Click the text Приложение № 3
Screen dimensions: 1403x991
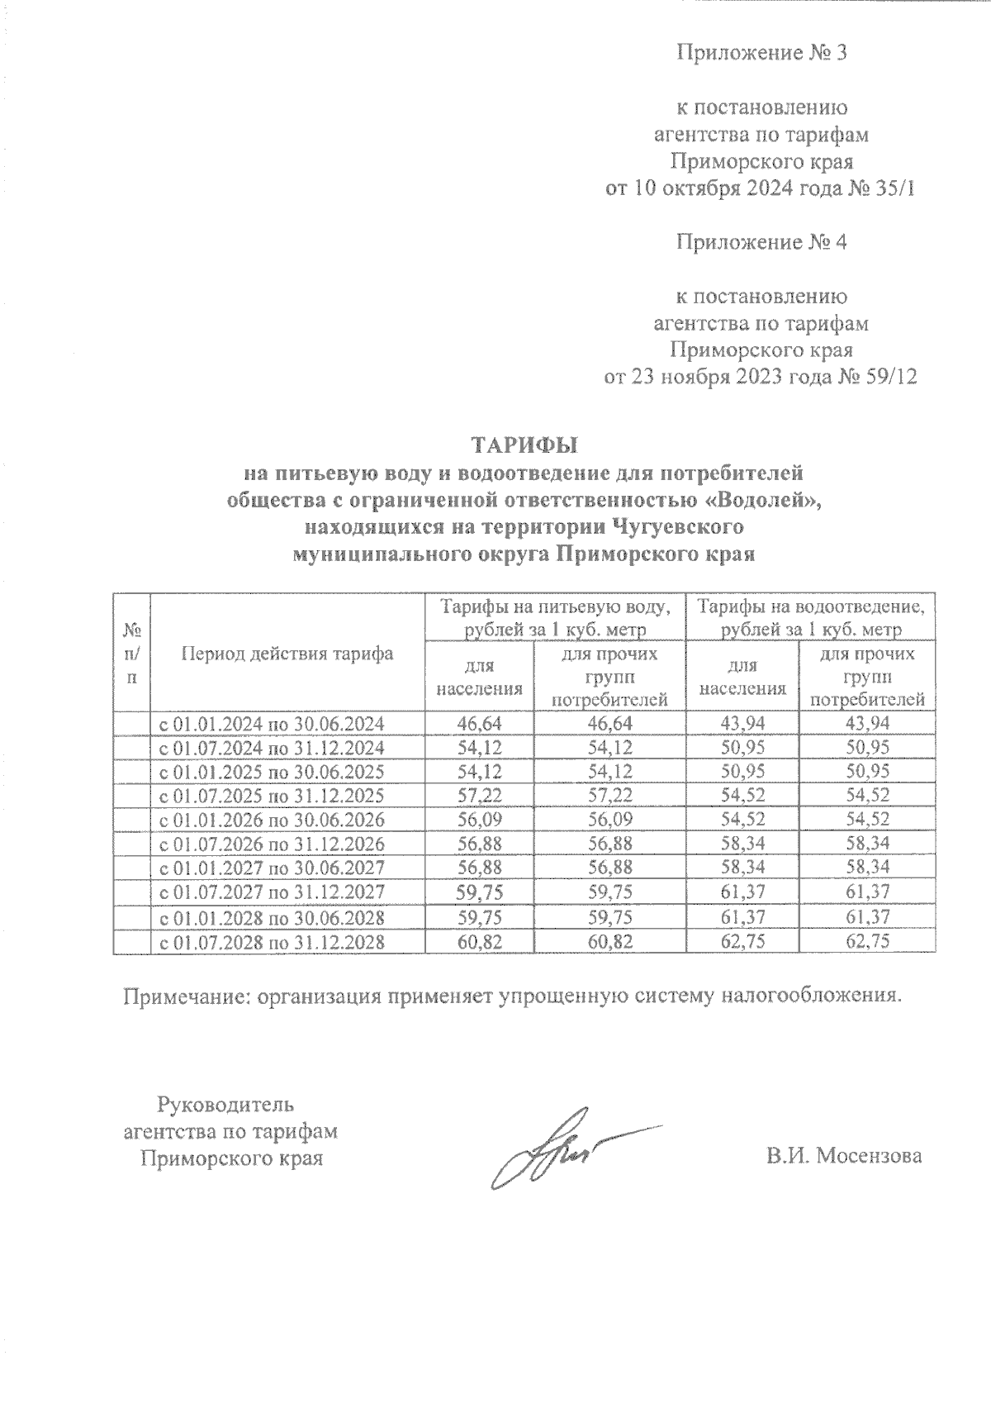(x=762, y=54)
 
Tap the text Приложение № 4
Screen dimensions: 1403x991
(x=762, y=243)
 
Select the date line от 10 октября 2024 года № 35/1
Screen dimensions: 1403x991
(x=761, y=189)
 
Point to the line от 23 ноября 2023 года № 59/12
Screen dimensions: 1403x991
(x=761, y=378)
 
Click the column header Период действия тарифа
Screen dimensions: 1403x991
(x=287, y=654)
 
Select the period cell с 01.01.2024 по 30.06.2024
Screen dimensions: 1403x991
(x=271, y=724)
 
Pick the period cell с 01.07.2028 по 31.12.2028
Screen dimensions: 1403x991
(x=271, y=941)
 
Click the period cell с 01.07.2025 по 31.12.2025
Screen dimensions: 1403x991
(x=271, y=797)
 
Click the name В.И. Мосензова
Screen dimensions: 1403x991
(x=843, y=1156)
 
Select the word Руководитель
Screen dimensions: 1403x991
(x=225, y=1104)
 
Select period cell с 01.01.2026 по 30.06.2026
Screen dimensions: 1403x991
(x=271, y=820)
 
